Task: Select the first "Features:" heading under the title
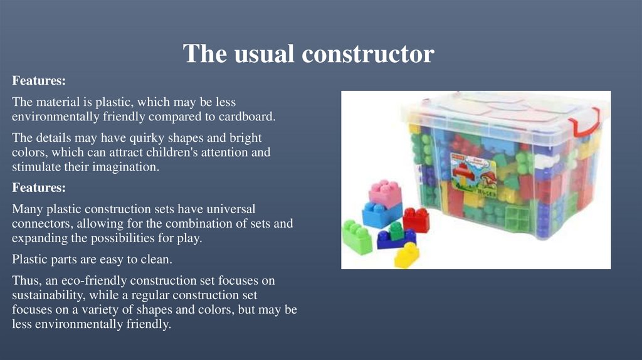point(39,82)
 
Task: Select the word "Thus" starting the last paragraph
point(24,280)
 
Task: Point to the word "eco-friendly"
point(94,280)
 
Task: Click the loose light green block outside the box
point(357,236)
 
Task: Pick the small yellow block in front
point(407,255)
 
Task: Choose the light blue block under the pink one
point(381,214)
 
